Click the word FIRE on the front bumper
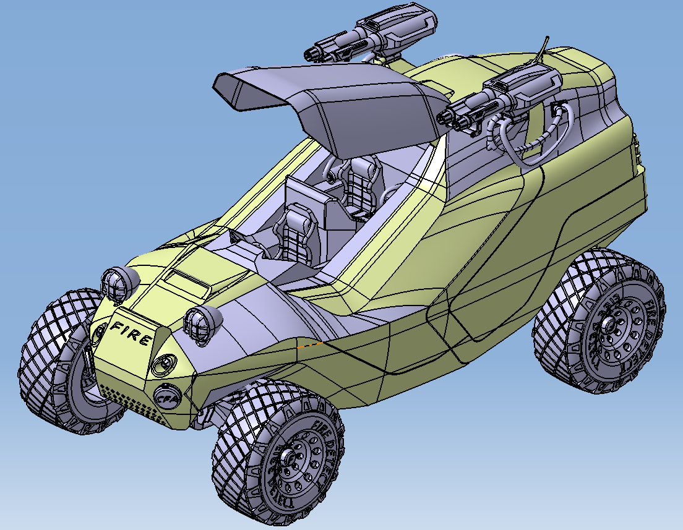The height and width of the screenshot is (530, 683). click(131, 333)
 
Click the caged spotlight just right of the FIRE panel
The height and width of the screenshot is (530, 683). click(202, 322)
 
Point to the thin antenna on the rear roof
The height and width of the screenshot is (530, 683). click(544, 47)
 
